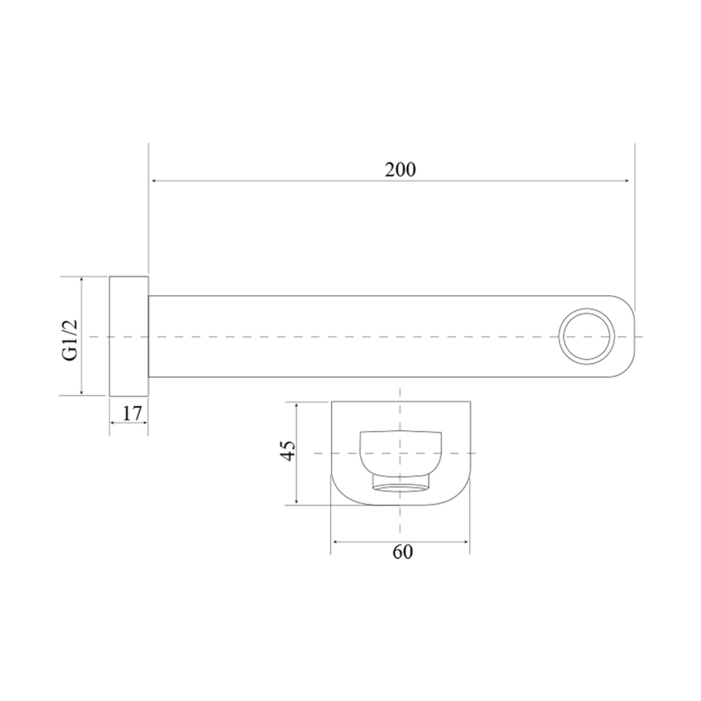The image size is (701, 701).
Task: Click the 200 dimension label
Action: (x=400, y=169)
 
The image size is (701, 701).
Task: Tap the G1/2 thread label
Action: (x=69, y=339)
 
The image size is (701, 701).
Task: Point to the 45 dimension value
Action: (x=289, y=450)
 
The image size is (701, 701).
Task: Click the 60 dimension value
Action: (x=402, y=552)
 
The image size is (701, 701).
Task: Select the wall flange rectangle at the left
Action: (x=129, y=336)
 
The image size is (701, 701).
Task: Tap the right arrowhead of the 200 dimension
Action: (x=627, y=181)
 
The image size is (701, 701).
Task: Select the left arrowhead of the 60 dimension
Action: (x=336, y=541)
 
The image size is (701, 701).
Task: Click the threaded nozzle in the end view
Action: (x=400, y=483)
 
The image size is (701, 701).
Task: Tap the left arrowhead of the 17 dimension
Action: (x=113, y=423)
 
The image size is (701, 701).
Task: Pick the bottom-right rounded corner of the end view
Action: (x=461, y=496)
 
